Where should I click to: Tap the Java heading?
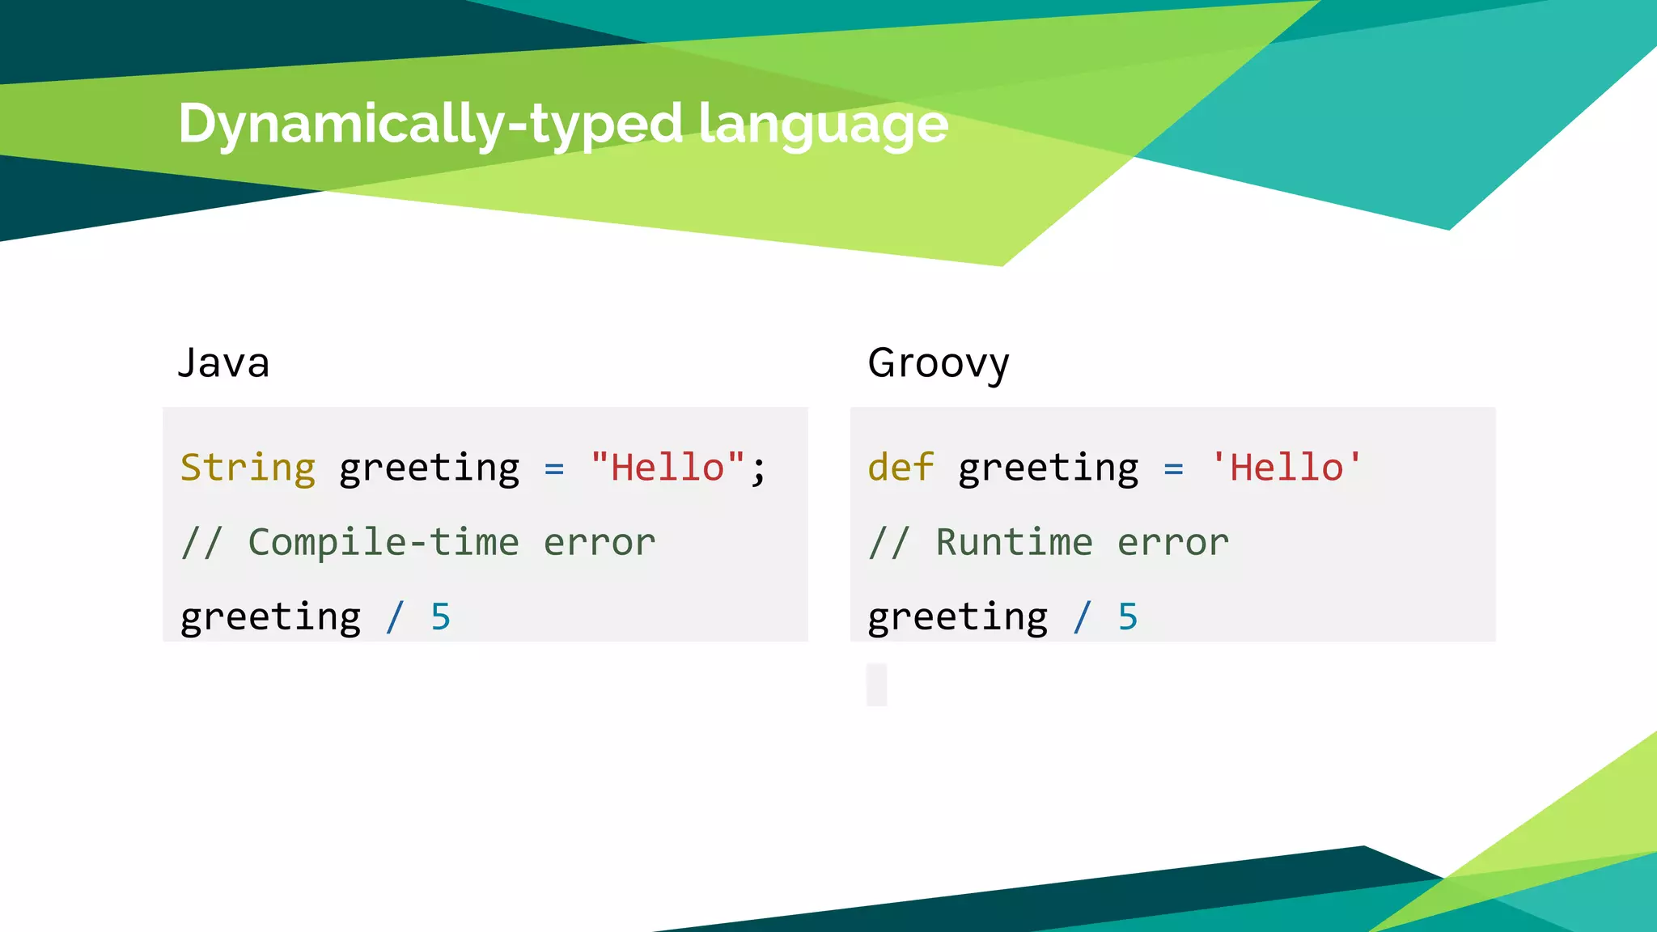pyautogui.click(x=223, y=362)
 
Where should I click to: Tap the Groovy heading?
pyautogui.click(x=939, y=363)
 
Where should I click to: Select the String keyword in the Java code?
pyautogui.click(x=248, y=468)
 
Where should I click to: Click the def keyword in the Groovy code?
pyautogui.click(x=901, y=468)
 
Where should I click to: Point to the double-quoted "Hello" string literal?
pyautogui.click(x=667, y=468)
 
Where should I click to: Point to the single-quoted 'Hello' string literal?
pyautogui.click(x=1286, y=468)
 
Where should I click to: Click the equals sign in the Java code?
pyautogui.click(x=554, y=468)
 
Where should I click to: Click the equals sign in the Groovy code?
pyautogui.click(x=1174, y=468)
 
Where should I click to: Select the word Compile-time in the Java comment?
pyautogui.click(x=384, y=542)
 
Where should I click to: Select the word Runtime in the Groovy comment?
pyautogui.click(x=1015, y=542)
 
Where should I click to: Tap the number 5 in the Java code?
pyautogui.click(x=440, y=617)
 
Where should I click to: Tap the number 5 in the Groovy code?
pyautogui.click(x=1128, y=617)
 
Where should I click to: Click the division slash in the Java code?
pyautogui.click(x=395, y=617)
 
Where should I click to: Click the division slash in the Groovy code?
pyautogui.click(x=1083, y=617)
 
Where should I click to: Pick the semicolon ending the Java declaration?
pyautogui.click(x=758, y=469)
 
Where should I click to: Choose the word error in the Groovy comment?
pyautogui.click(x=1173, y=542)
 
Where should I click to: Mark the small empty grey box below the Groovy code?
pyautogui.click(x=877, y=684)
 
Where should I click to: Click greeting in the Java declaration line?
pyautogui.click(x=429, y=469)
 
